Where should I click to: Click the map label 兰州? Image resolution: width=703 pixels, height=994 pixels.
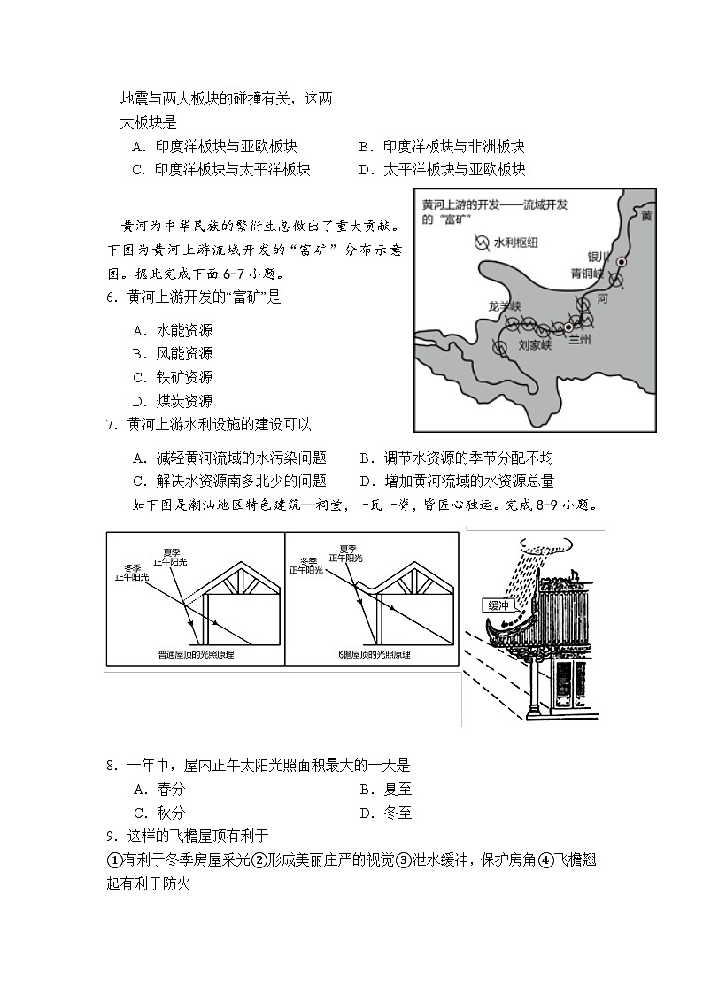click(x=579, y=339)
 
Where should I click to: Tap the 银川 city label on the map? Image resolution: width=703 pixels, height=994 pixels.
click(x=599, y=257)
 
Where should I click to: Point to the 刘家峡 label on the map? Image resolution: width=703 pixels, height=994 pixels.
click(x=534, y=345)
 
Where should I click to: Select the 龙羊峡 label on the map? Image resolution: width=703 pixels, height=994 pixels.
click(x=506, y=306)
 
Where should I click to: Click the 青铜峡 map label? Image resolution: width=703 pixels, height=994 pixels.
click(x=587, y=274)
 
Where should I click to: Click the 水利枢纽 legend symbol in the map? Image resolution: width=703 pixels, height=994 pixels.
click(x=482, y=243)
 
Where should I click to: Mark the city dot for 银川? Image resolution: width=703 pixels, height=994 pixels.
click(x=622, y=262)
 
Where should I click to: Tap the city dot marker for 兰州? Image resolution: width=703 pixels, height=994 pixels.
click(x=568, y=327)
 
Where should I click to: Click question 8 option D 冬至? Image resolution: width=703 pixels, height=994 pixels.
click(x=385, y=813)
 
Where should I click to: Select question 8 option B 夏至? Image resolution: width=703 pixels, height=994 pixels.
click(x=385, y=789)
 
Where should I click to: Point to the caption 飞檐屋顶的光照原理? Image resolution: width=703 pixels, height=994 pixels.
click(x=372, y=654)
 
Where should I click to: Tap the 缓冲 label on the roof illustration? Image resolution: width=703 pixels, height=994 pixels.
click(x=498, y=605)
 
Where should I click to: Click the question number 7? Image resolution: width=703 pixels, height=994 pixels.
click(x=112, y=424)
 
